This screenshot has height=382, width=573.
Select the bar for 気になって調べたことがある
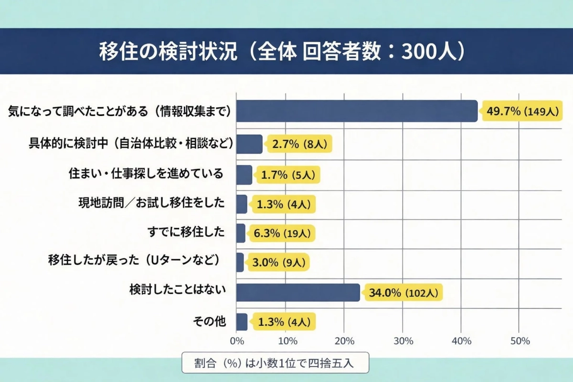tap(357, 111)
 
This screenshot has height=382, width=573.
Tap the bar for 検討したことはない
tap(298, 292)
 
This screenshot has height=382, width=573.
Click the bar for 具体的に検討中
tap(249, 144)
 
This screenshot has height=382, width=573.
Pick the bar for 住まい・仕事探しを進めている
tap(244, 175)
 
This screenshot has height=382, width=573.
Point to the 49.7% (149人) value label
tap(522, 111)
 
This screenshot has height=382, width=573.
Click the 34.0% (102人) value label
tap(403, 293)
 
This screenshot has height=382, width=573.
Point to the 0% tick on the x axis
tap(236, 341)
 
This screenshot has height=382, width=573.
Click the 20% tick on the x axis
tap(344, 341)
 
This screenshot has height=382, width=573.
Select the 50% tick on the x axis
tap(520, 341)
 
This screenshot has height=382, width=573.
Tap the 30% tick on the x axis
tap(403, 341)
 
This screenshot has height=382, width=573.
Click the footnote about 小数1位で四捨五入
tap(275, 363)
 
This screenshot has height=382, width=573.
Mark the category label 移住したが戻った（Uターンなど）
tap(136, 261)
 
